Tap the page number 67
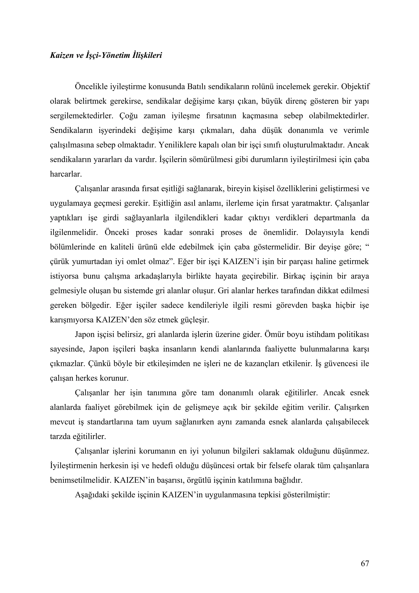click(x=365, y=563)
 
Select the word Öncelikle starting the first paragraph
click(x=91, y=86)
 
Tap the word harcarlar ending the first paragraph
click(x=66, y=174)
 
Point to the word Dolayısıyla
click(x=324, y=232)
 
